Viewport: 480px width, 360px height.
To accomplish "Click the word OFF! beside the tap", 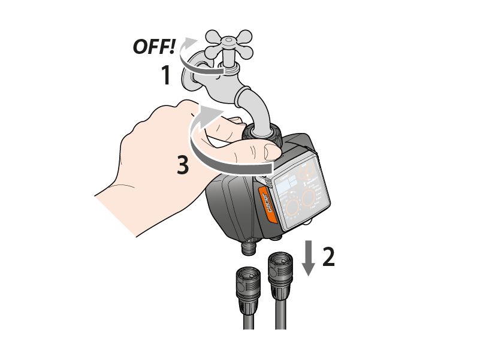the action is [154, 47].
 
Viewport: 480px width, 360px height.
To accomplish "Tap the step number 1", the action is [166, 75].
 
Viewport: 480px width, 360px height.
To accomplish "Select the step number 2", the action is [328, 257].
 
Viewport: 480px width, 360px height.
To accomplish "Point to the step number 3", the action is [183, 165].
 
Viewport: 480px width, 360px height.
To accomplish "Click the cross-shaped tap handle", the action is [230, 45].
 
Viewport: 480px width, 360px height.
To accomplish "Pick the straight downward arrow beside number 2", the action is [309, 258].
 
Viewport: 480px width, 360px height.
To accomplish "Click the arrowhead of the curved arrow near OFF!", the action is [191, 43].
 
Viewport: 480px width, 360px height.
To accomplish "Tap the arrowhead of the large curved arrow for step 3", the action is [210, 114].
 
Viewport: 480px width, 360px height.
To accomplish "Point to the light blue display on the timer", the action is [287, 185].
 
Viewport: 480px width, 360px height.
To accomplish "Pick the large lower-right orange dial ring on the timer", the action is [309, 198].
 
